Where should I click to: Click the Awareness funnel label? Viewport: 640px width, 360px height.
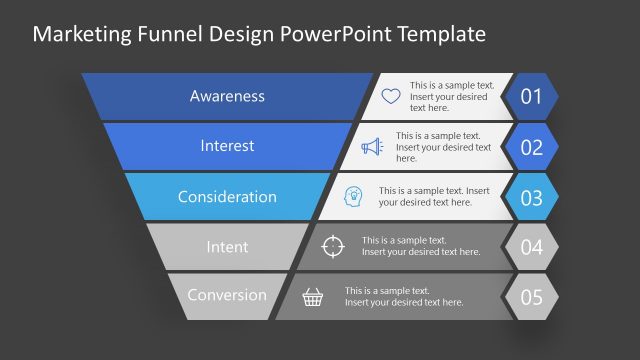pyautogui.click(x=227, y=97)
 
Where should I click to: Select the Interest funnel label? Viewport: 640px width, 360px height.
pyautogui.click(x=227, y=146)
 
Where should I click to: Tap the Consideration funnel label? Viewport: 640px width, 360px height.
pyautogui.click(x=227, y=197)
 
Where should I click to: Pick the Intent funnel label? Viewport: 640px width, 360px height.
pyautogui.click(x=227, y=246)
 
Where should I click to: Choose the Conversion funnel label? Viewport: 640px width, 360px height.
pyautogui.click(x=227, y=295)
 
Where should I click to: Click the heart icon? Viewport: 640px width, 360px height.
pyautogui.click(x=390, y=97)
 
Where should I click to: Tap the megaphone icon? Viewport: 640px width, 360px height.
pyautogui.click(x=372, y=147)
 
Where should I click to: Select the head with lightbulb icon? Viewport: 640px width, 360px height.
pyautogui.click(x=354, y=196)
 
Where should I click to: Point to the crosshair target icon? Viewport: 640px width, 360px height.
pyautogui.click(x=335, y=246)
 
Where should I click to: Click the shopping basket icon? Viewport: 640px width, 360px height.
pyautogui.click(x=313, y=296)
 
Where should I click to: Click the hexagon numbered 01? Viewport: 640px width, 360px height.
pyautogui.click(x=531, y=97)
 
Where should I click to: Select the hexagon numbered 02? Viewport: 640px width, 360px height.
pyautogui.click(x=531, y=147)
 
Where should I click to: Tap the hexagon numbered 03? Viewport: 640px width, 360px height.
pyautogui.click(x=531, y=197)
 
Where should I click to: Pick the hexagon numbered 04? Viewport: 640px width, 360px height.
pyautogui.click(x=531, y=247)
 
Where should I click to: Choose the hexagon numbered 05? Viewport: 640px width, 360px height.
pyautogui.click(x=531, y=297)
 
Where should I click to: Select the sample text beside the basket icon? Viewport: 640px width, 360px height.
pyautogui.click(x=404, y=296)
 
